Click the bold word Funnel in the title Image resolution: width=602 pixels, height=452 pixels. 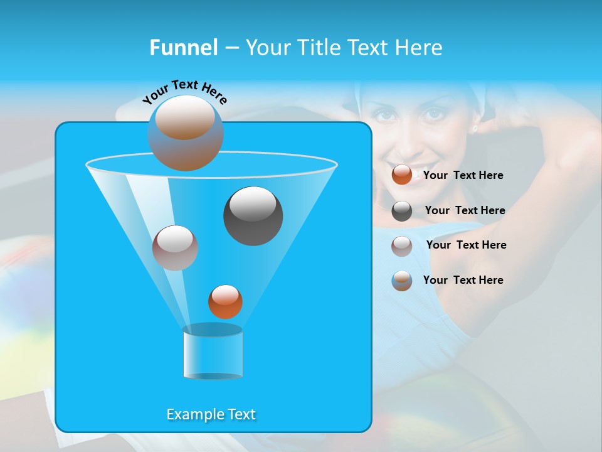click(183, 48)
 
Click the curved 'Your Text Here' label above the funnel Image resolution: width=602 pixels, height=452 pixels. click(185, 92)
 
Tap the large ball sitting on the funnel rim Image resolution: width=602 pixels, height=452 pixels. click(186, 133)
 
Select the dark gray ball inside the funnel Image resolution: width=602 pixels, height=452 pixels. click(253, 216)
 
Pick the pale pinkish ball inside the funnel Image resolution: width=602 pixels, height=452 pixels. click(175, 247)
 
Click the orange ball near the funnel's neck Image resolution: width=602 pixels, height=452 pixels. click(225, 301)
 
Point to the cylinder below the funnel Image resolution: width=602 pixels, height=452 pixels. click(213, 353)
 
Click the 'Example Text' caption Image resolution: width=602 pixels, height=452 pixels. click(211, 414)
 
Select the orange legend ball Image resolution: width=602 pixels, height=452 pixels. click(402, 175)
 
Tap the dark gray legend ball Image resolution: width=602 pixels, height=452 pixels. click(402, 211)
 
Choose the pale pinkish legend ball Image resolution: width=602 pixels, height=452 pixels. click(402, 245)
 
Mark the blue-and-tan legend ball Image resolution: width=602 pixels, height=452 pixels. click(402, 281)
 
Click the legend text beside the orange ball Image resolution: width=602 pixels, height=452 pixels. click(463, 176)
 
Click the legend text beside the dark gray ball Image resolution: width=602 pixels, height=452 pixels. click(465, 211)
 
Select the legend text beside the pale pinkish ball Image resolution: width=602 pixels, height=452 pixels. click(466, 245)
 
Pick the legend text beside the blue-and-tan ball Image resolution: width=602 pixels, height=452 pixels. click(463, 281)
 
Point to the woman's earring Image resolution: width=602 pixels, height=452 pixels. click(474, 128)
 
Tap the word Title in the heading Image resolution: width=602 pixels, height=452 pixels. click(320, 48)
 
